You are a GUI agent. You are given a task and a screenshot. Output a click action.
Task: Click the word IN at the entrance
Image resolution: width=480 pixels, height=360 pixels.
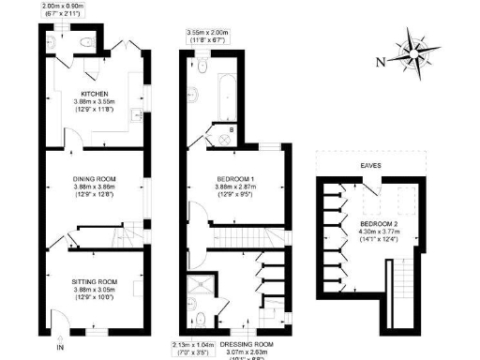pos(61,347)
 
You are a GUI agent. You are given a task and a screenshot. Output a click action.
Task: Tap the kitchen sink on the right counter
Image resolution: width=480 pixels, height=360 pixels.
pos(138,116)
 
